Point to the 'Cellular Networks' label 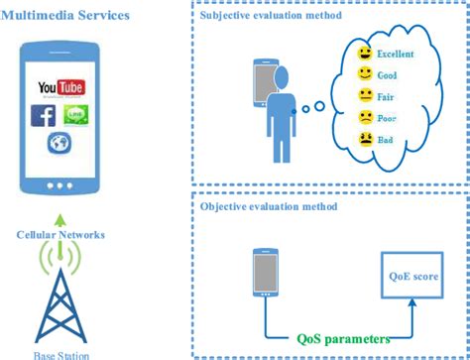tap(60, 236)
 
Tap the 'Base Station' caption tap(61, 354)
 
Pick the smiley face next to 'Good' tap(365, 74)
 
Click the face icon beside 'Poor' tap(365, 118)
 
